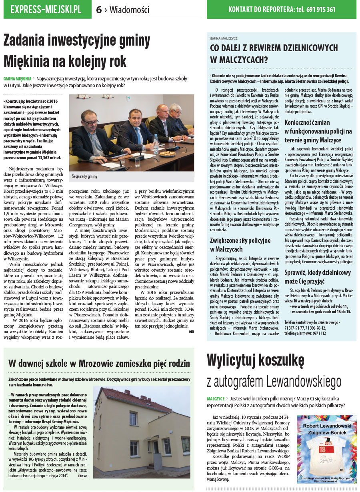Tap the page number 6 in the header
99,10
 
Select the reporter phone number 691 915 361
321,10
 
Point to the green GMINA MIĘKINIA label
17,79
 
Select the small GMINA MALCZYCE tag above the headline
224,38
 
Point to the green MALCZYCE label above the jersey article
216,399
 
